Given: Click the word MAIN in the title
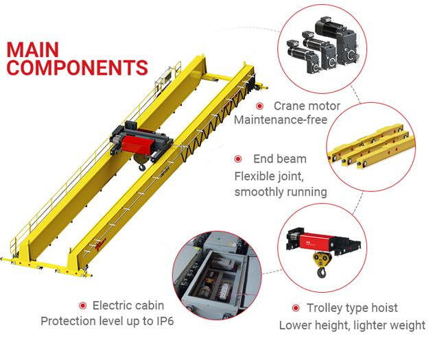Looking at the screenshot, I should point(34,50).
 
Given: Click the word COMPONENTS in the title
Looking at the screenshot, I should point(77,68).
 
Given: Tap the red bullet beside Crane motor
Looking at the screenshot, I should point(260,106).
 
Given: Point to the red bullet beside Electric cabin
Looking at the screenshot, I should point(82,305).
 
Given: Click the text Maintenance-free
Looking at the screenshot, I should point(280,121).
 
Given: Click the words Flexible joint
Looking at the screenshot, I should point(267,176).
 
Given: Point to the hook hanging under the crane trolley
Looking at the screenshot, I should point(142,165).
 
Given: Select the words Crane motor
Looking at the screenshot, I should point(307,106).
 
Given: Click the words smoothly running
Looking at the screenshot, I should point(281,191).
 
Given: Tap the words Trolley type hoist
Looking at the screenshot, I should point(353,308).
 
